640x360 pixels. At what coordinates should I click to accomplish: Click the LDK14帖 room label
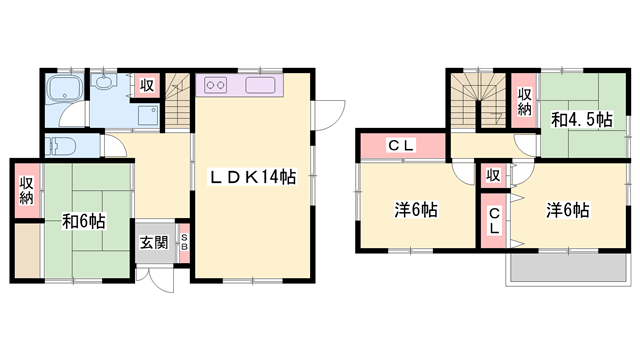[x=251, y=177]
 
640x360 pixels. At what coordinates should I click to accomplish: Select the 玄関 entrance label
[x=153, y=241]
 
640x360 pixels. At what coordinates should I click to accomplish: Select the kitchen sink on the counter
[x=259, y=86]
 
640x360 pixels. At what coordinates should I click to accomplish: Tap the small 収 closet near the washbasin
[x=146, y=86]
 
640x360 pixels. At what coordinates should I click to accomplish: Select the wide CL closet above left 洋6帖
[x=401, y=147]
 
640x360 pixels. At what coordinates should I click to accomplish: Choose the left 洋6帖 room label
[x=414, y=210]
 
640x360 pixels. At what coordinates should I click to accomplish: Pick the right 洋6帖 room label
[x=566, y=210]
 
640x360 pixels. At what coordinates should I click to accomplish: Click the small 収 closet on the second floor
[x=493, y=176]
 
